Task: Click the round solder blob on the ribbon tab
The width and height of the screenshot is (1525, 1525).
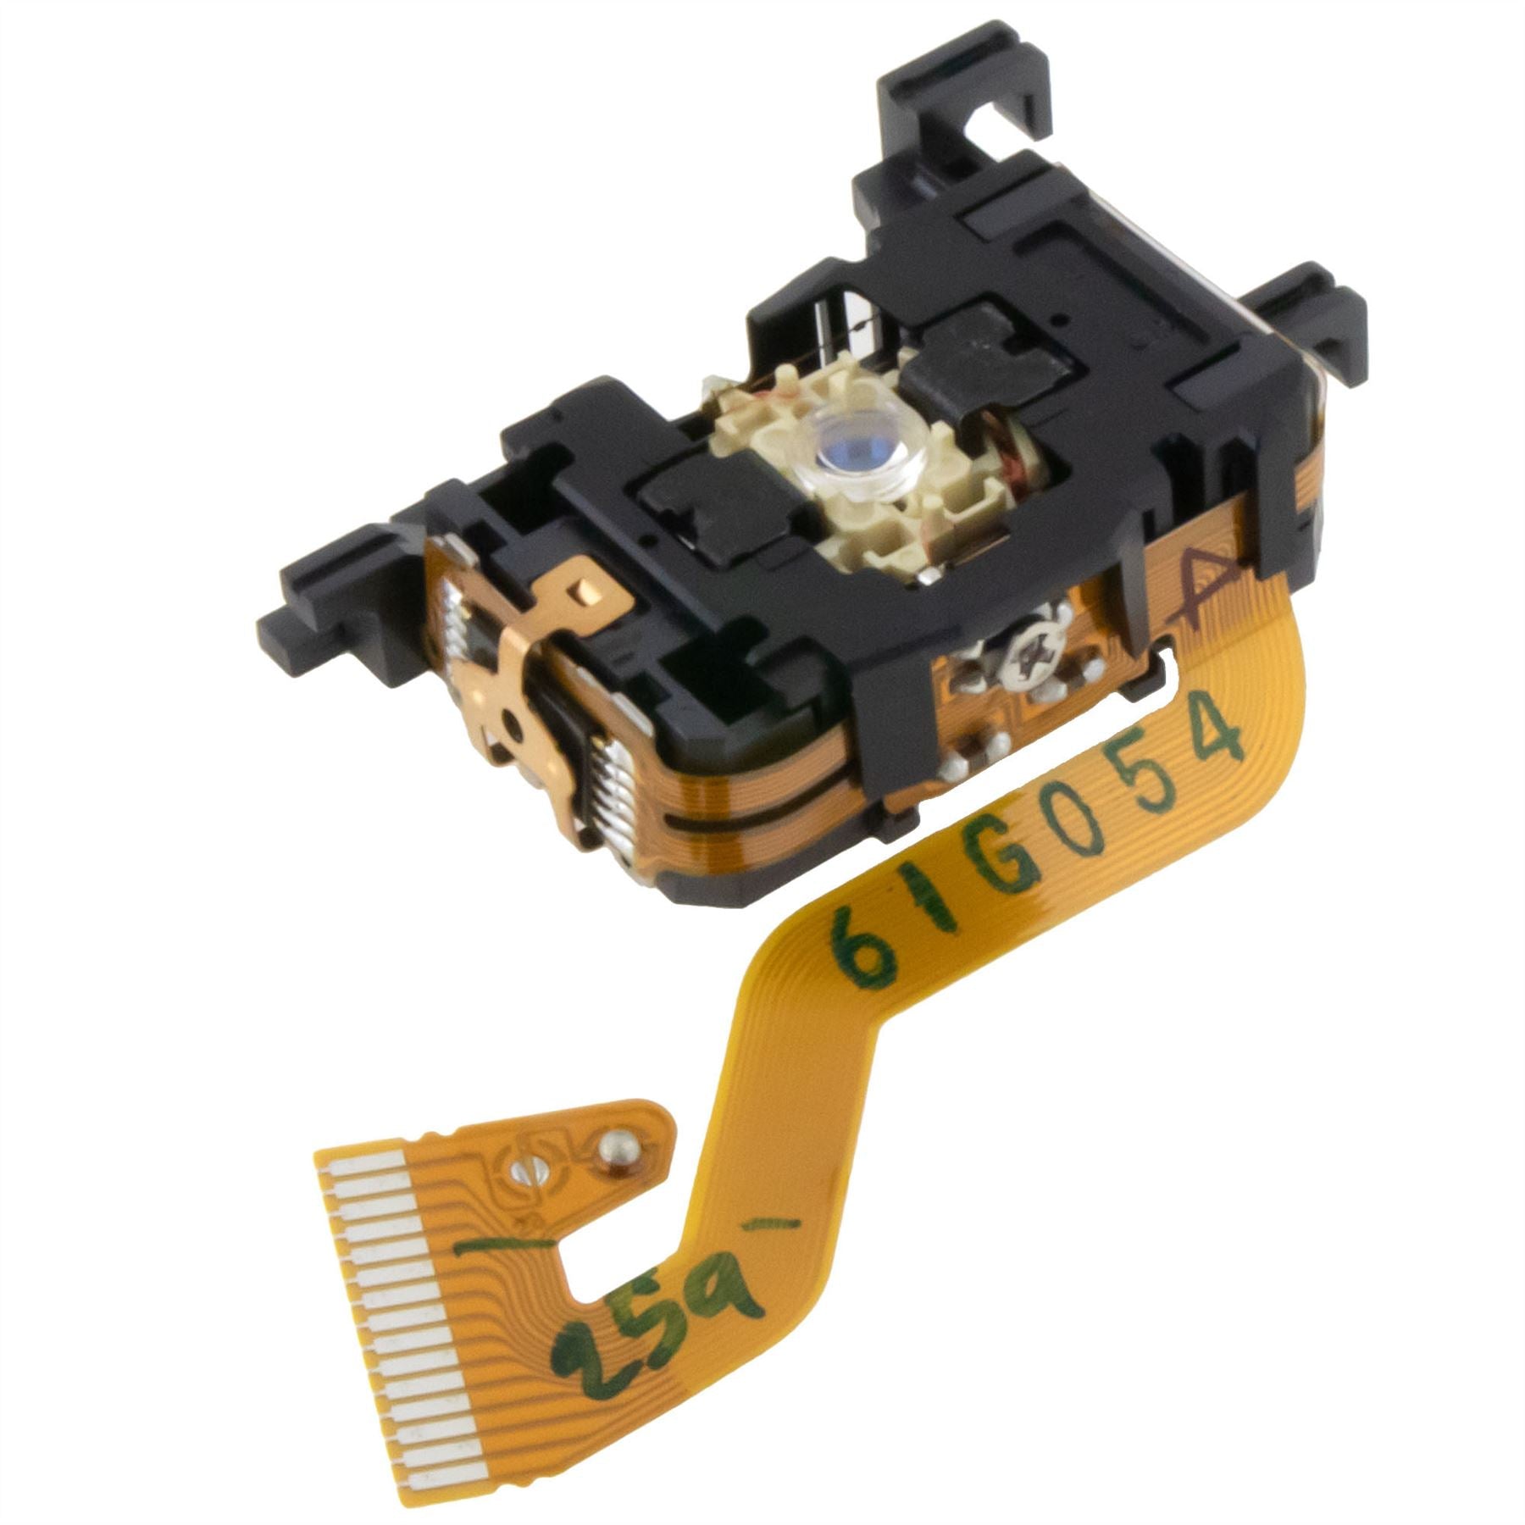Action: pyautogui.click(x=616, y=1149)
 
